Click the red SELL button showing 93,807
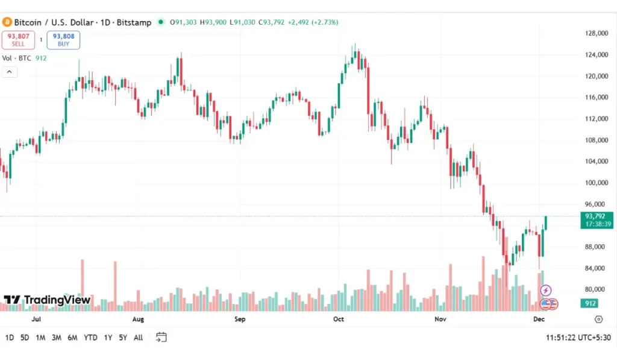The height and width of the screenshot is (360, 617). tap(18, 40)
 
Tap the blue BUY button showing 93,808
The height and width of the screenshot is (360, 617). tap(63, 40)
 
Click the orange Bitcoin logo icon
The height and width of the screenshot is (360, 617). tap(7, 22)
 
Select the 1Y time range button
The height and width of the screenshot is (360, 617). tap(108, 338)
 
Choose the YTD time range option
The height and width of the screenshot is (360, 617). tap(90, 338)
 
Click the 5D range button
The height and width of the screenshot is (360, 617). tap(25, 338)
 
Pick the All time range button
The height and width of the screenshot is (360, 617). tap(138, 338)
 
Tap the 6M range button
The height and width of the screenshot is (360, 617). tap(72, 338)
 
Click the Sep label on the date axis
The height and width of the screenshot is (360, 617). tap(239, 319)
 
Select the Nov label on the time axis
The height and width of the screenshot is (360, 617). tap(440, 319)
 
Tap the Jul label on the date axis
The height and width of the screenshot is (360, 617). tap(36, 319)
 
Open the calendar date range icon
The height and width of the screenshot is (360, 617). tap(161, 337)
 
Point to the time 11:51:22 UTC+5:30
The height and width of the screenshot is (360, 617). tap(578, 338)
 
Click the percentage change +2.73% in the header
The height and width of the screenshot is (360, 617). tap(325, 22)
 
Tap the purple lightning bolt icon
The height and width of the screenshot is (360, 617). tap(547, 291)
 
